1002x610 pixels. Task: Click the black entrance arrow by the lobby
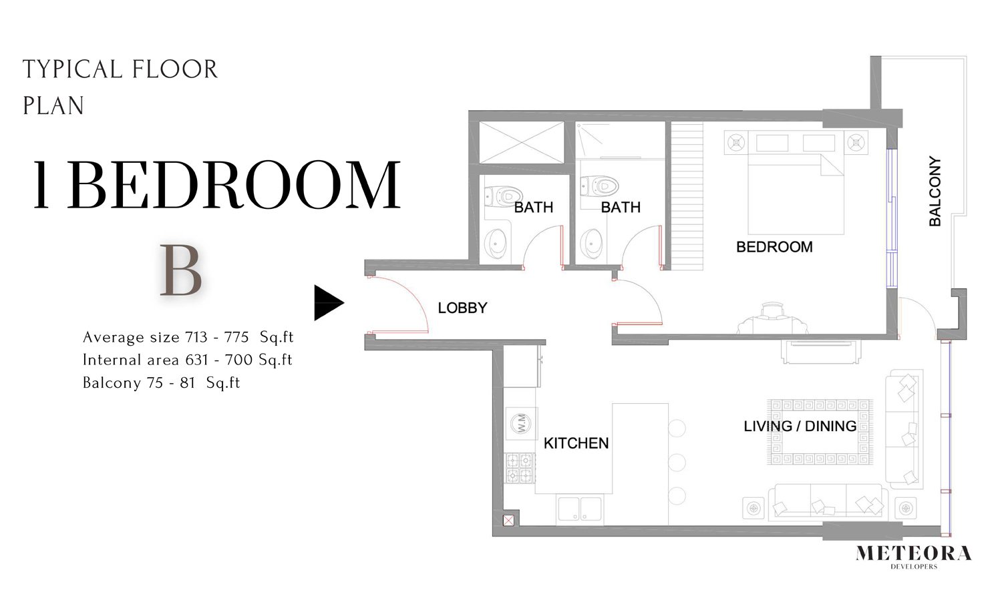pyautogui.click(x=327, y=302)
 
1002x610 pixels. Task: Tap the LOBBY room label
pyautogui.click(x=462, y=308)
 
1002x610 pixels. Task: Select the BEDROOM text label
pyautogui.click(x=774, y=247)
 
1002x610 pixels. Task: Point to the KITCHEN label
pyautogui.click(x=576, y=443)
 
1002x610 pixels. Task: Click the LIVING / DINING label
pyautogui.click(x=800, y=426)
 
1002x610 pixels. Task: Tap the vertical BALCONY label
pyautogui.click(x=935, y=192)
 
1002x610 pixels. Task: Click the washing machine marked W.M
pyautogui.click(x=521, y=422)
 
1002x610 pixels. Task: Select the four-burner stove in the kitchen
pyautogui.click(x=520, y=468)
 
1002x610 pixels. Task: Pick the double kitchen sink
pyautogui.click(x=580, y=509)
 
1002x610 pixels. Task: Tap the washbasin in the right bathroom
pyautogui.click(x=592, y=243)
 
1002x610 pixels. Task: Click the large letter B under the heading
pyautogui.click(x=181, y=271)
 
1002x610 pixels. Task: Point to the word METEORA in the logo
pyautogui.click(x=913, y=554)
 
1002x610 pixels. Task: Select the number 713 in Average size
pyautogui.click(x=196, y=337)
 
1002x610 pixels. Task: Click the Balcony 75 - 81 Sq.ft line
pyautogui.click(x=162, y=383)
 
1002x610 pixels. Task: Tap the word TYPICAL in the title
pyautogui.click(x=72, y=69)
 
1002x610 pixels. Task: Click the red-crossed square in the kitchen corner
pyautogui.click(x=508, y=520)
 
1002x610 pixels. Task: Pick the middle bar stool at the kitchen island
pyautogui.click(x=677, y=463)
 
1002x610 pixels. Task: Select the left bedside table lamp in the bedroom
pyautogui.click(x=736, y=143)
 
